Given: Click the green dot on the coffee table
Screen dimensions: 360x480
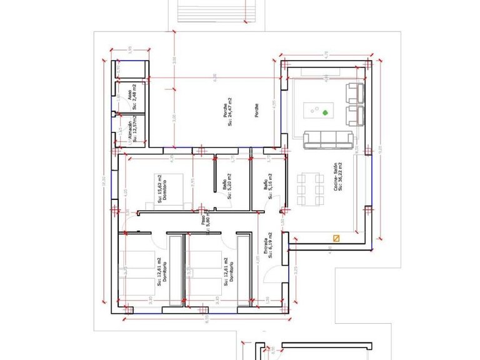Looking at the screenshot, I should tap(325, 113).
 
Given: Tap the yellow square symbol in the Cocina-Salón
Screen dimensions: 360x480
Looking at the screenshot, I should tap(336, 237).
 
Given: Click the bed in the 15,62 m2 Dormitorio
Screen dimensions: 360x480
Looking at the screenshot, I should tap(166, 190).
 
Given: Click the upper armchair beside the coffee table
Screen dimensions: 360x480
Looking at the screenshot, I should tap(354, 93).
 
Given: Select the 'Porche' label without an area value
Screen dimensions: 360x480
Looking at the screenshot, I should tap(256, 111).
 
